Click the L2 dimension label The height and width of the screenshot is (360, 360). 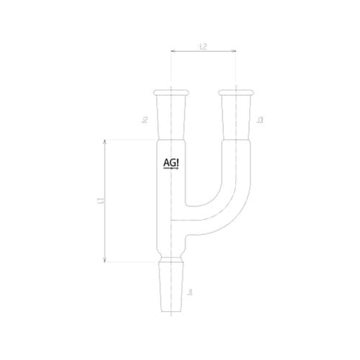pyautogui.click(x=203, y=46)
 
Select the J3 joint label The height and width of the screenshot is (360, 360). pyautogui.click(x=259, y=120)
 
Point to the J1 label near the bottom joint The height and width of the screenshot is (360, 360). pyautogui.click(x=189, y=292)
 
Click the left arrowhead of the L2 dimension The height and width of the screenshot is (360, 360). pyautogui.click(x=174, y=52)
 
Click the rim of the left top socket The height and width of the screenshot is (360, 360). pyautogui.click(x=171, y=91)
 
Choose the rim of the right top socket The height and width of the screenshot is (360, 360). pyautogui.click(x=237, y=91)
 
